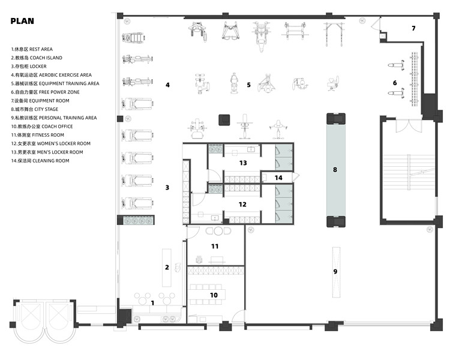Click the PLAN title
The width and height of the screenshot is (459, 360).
tap(22, 21)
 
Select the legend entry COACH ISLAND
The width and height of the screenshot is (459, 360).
tap(37, 58)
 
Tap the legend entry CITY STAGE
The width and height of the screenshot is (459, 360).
tap(35, 109)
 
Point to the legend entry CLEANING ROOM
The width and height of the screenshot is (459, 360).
tap(40, 161)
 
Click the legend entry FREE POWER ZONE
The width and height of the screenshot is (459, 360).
tap(46, 92)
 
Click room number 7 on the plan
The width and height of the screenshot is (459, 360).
tap(413, 28)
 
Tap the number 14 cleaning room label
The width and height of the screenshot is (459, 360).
tap(278, 178)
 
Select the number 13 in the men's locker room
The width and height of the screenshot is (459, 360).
tap(243, 163)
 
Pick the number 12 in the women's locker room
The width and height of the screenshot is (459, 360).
tap(242, 204)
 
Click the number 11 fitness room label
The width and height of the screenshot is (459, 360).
tap(215, 247)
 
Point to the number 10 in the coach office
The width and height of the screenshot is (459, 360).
tap(214, 295)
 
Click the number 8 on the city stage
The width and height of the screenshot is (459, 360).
tap(335, 169)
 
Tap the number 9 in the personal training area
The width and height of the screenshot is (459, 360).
tap(335, 272)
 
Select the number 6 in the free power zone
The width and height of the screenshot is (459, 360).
tap(395, 83)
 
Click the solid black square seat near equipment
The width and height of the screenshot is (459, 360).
tap(224, 120)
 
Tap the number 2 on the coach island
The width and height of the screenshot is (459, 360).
tap(167, 267)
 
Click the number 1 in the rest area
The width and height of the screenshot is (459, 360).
tap(152, 303)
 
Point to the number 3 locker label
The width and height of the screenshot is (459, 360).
tap(167, 188)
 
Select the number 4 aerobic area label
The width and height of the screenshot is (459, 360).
tap(167, 85)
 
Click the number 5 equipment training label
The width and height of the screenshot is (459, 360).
tap(248, 85)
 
